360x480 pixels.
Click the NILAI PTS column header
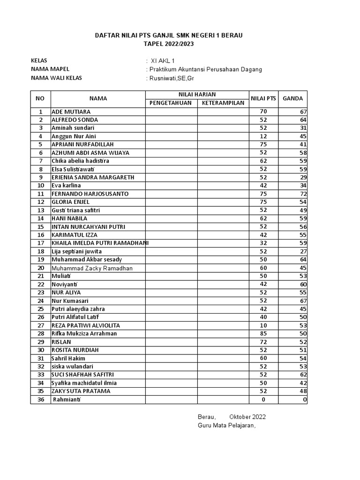[263, 98]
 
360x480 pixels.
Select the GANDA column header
[292, 98]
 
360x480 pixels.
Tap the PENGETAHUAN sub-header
[171, 103]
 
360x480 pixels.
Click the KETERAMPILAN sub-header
[223, 103]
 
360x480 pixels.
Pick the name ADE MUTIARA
[71, 112]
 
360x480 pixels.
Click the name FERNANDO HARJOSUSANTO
[90, 194]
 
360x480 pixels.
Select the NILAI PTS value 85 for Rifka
[263, 334]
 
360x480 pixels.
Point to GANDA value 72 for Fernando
[303, 194]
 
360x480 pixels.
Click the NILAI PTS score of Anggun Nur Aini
[263, 136]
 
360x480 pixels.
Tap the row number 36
[41, 399]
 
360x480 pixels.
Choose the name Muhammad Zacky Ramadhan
[92, 268]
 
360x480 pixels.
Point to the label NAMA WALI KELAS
[56, 78]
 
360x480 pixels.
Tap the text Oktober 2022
[247, 417]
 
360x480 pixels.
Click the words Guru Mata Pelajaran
[226, 425]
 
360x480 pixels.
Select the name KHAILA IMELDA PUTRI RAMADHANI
[100, 243]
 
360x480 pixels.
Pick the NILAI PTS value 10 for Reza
[263, 325]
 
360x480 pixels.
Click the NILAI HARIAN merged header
[197, 94]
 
